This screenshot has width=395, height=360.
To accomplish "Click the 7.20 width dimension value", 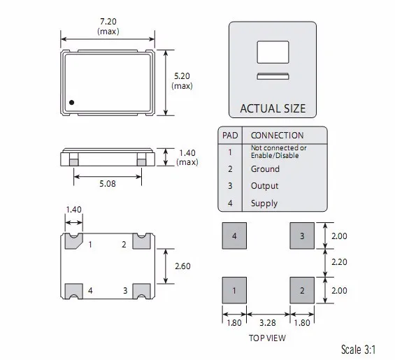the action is click(108, 22).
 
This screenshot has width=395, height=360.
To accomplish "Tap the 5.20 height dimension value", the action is click(182, 76).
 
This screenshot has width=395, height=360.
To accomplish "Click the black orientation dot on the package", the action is click(71, 103).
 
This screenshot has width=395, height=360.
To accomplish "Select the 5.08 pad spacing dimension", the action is click(108, 184).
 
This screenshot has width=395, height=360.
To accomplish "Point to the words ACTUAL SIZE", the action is click(273, 108).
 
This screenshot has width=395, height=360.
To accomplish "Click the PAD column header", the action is click(230, 136).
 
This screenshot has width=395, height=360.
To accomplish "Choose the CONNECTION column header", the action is click(277, 136).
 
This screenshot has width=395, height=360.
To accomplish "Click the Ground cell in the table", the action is click(265, 168).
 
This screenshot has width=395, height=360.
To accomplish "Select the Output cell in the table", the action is click(264, 186).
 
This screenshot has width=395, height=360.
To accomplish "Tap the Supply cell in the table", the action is click(264, 203).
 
